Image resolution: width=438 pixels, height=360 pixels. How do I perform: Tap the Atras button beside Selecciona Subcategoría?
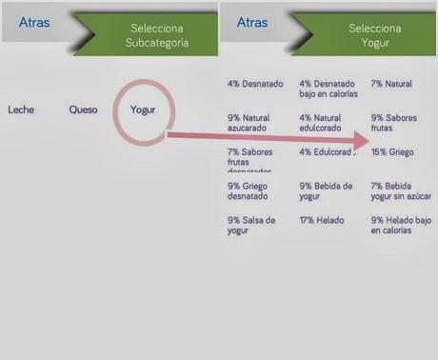[34, 21]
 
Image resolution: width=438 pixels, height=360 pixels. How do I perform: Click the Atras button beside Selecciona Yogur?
[252, 21]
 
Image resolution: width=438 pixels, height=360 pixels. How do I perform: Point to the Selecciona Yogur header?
[375, 36]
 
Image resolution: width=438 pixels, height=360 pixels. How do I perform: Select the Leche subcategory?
[21, 110]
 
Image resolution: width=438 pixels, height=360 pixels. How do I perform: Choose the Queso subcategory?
[83, 110]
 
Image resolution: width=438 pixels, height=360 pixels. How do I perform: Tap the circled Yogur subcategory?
[143, 110]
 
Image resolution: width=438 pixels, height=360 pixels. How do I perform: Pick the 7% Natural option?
[391, 84]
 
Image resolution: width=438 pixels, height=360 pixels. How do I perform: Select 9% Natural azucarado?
[249, 123]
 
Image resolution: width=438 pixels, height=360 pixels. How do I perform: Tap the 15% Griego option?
[392, 151]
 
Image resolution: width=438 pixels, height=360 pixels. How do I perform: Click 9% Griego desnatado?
[249, 191]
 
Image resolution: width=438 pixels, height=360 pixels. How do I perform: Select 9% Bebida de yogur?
[326, 191]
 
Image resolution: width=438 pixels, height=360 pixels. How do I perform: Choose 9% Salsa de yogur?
[251, 225]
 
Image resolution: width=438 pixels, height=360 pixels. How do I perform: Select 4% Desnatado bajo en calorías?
[330, 89]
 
